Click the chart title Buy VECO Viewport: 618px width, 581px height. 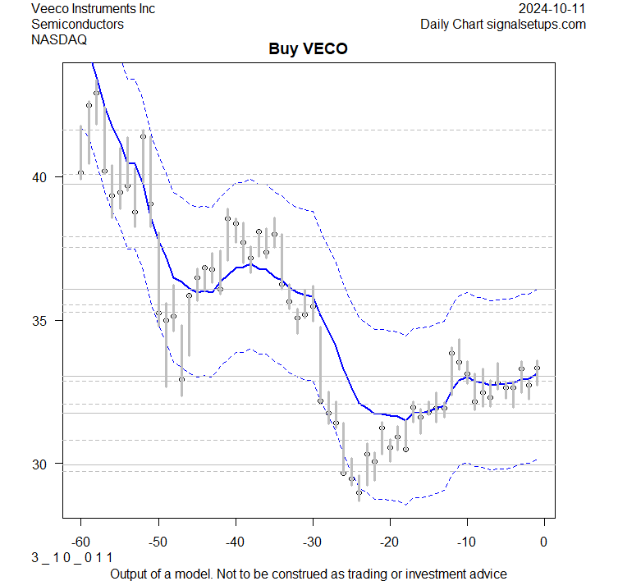(309, 49)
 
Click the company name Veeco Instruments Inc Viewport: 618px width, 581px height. (92, 8)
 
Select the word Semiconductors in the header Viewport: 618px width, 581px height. (77, 24)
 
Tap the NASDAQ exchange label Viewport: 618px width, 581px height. (59, 39)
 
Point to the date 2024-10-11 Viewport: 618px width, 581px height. (552, 8)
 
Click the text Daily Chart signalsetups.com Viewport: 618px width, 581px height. (503, 24)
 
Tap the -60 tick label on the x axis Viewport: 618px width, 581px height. (80, 542)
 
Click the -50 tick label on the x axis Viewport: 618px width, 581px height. (158, 542)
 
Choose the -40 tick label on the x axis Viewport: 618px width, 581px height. (235, 542)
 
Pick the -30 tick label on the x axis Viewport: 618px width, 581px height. (312, 542)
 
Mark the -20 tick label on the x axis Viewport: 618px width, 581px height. (389, 542)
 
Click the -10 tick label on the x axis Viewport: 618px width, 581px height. (466, 542)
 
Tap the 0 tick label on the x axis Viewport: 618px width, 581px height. (544, 542)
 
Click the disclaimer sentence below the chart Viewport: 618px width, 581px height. (309, 573)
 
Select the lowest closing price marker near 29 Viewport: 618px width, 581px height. (359, 492)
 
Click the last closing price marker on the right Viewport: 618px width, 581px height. (537, 368)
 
